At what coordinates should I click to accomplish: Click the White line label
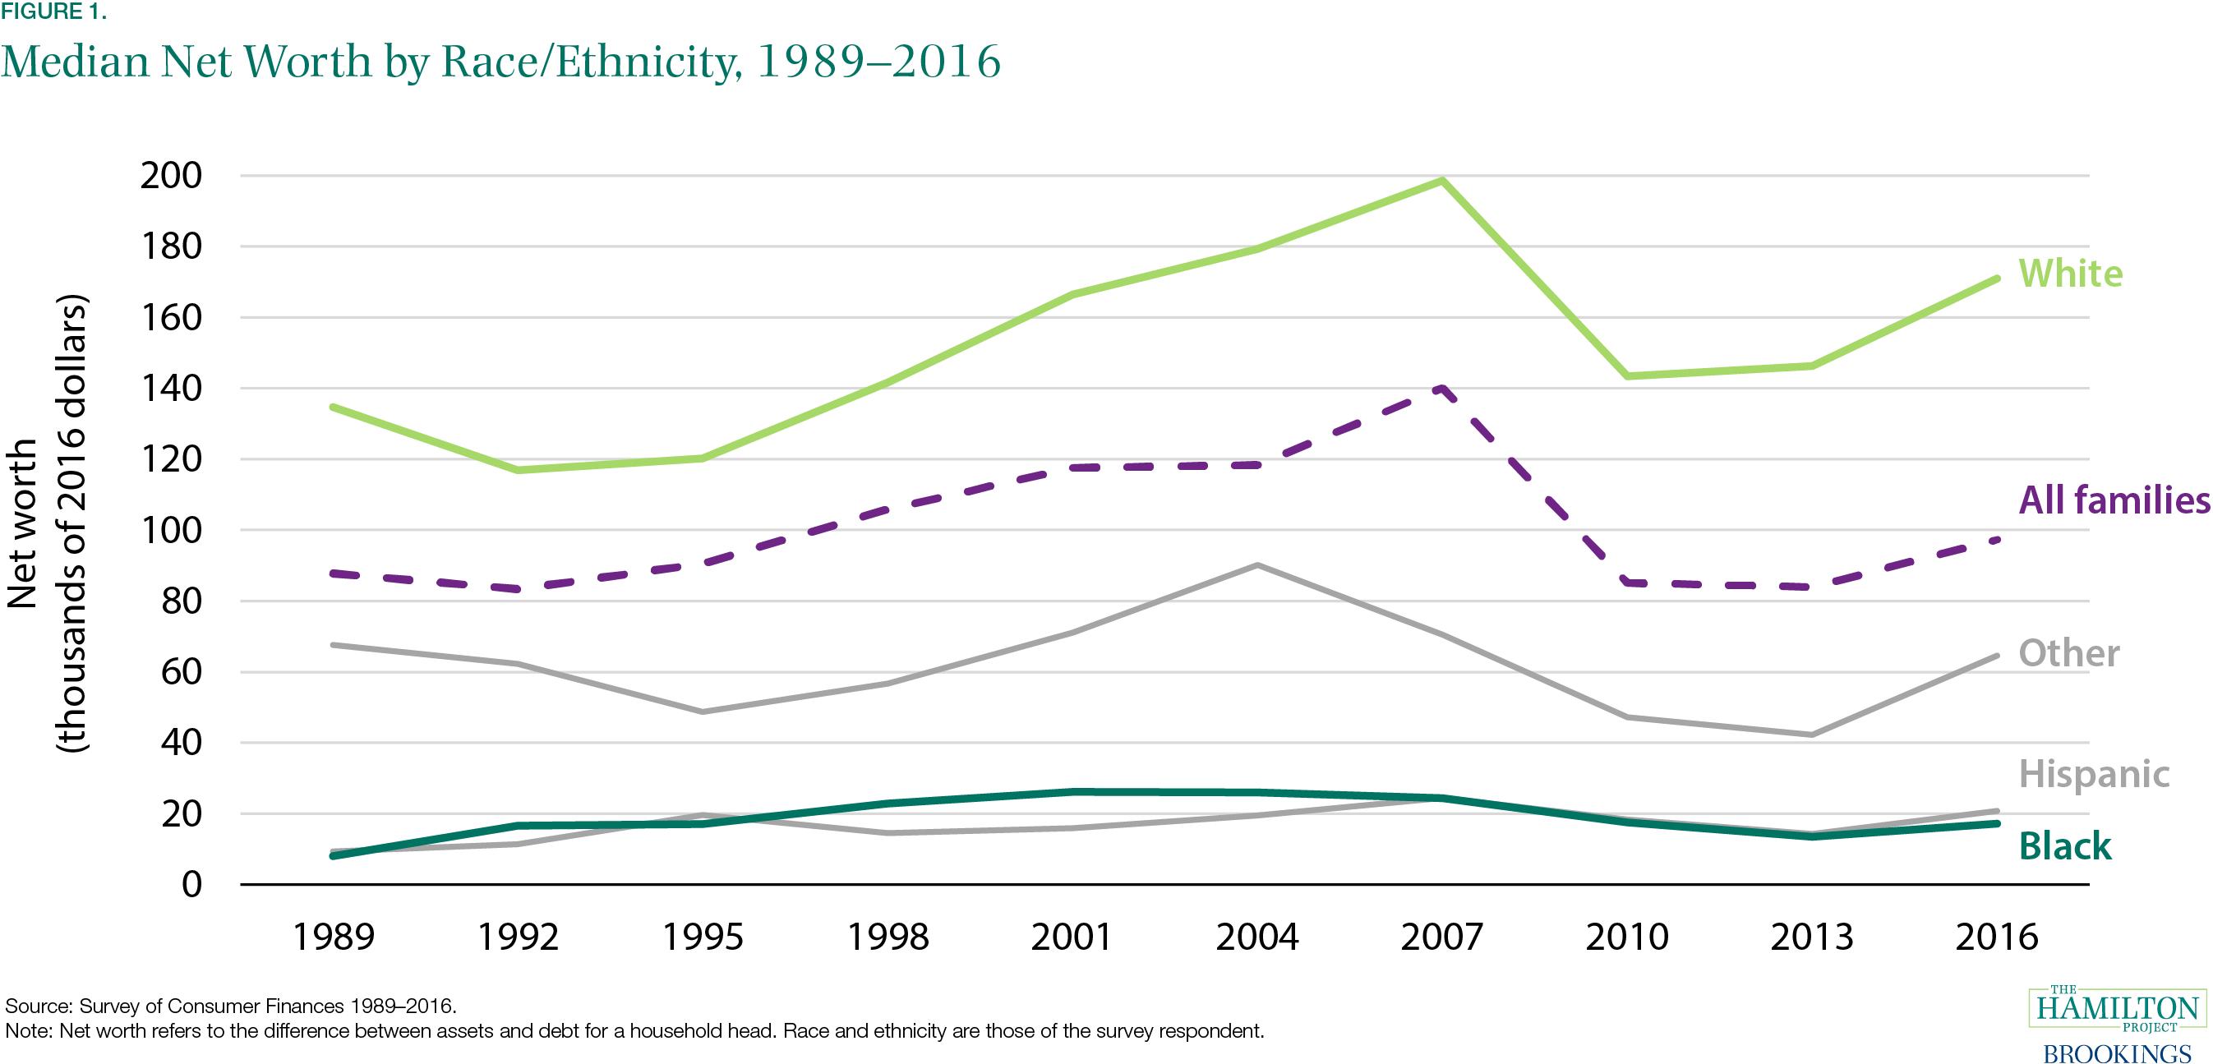point(2070,274)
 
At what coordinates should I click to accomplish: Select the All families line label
point(2114,500)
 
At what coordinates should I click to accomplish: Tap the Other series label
point(2068,653)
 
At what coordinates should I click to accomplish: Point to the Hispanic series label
point(2094,774)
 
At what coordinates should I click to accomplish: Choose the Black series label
point(2064,846)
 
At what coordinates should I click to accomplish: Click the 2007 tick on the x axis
point(1441,937)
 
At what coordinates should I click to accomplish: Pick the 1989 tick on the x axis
point(334,937)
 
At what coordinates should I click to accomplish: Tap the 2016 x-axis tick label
point(1996,937)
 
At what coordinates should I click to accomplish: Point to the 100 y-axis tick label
point(181,530)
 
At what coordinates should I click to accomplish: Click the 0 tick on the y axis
point(191,885)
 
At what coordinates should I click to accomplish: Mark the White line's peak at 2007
point(1441,179)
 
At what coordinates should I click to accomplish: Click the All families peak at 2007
point(1441,387)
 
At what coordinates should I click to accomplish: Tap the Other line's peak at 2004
point(1256,565)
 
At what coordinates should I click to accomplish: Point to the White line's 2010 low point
point(1626,376)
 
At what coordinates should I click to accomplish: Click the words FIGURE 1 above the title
point(53,12)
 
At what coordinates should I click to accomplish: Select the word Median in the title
point(76,62)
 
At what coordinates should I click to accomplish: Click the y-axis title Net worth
point(23,524)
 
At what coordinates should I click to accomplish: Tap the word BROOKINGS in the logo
point(2117,1052)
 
